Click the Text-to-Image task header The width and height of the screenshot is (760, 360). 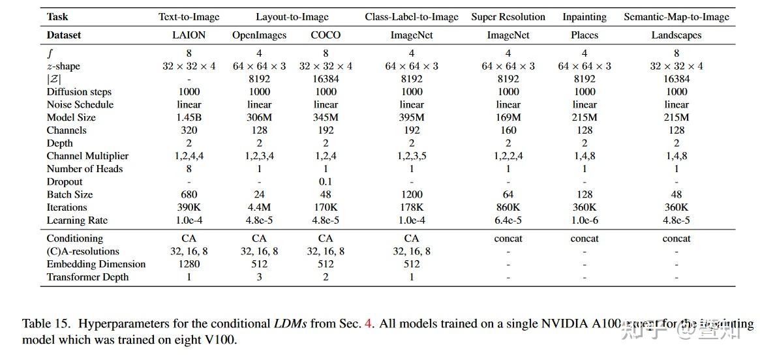[x=189, y=17]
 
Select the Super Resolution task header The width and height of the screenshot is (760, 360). [x=508, y=17]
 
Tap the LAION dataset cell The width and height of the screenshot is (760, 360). [x=189, y=35]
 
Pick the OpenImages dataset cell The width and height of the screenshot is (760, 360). [x=259, y=35]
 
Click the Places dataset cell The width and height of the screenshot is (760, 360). [x=585, y=35]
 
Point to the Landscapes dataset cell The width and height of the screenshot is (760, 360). [x=676, y=35]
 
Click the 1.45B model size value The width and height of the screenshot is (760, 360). [x=189, y=117]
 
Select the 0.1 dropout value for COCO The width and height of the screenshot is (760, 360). [x=326, y=182]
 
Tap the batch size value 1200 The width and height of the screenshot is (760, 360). [x=412, y=194]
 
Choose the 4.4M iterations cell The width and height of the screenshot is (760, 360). [x=259, y=207]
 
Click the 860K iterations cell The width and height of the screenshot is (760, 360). [x=508, y=207]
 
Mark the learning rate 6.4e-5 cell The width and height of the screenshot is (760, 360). [x=508, y=220]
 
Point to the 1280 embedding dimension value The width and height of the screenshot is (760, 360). [x=189, y=264]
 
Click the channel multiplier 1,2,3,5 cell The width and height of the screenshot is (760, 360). [x=412, y=156]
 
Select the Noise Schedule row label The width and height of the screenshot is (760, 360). [x=80, y=104]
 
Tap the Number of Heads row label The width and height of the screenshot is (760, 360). [x=85, y=169]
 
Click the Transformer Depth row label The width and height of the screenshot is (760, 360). [x=87, y=277]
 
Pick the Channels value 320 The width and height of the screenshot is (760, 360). [x=189, y=130]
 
